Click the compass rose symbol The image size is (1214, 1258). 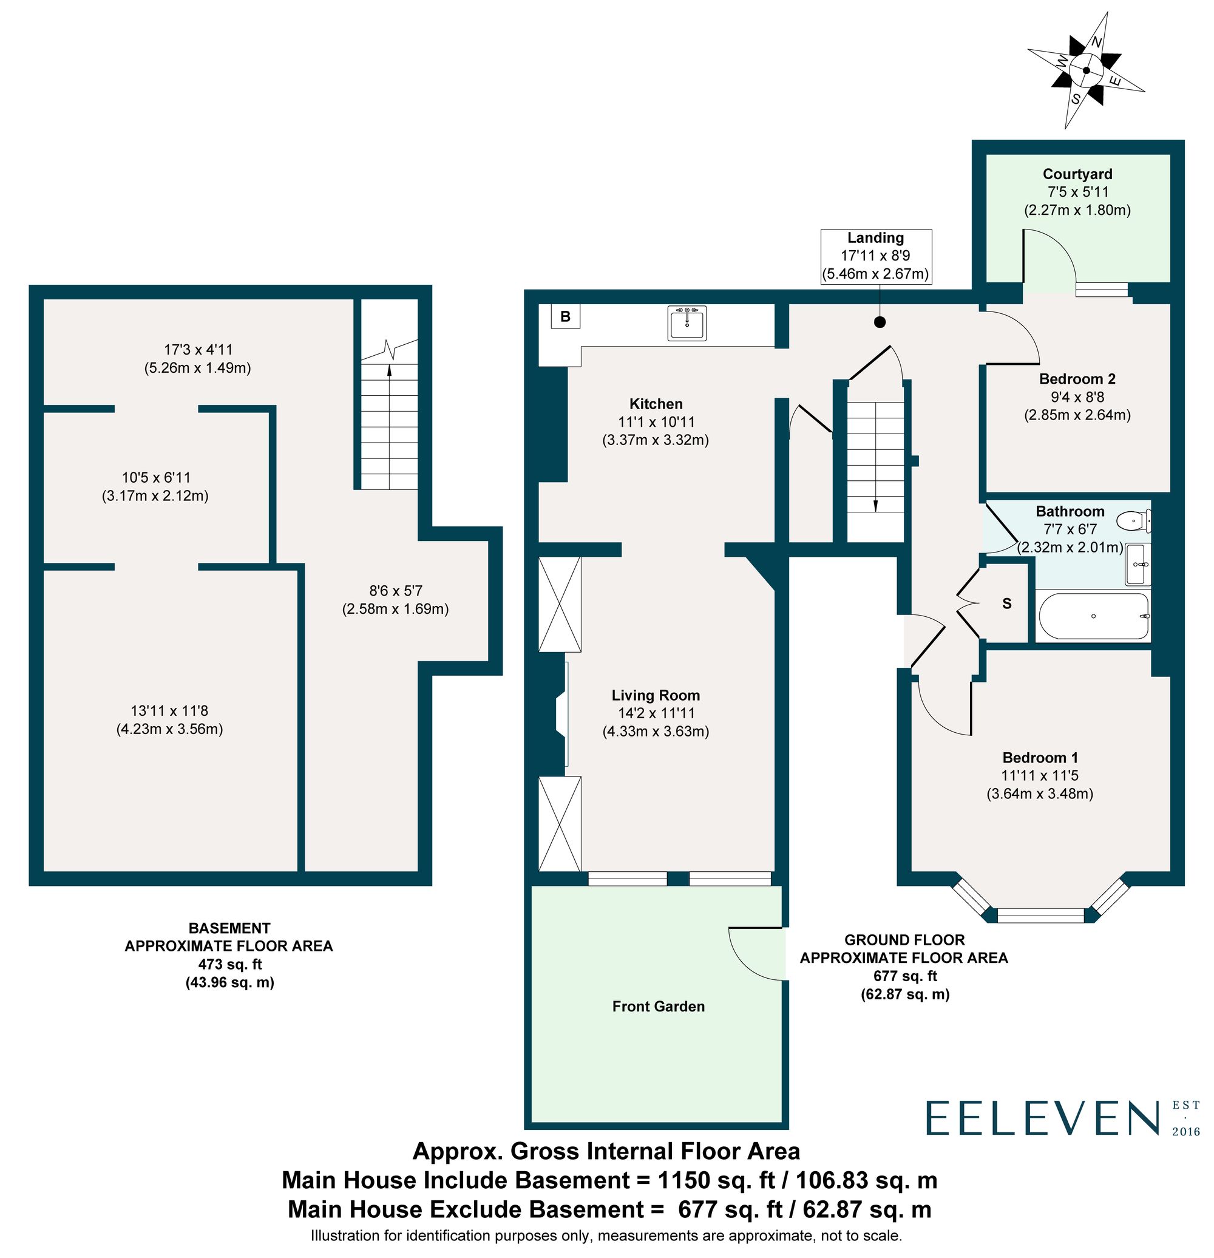pyautogui.click(x=1086, y=71)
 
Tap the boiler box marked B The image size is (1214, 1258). pyautogui.click(x=565, y=316)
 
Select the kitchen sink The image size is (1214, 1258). pyautogui.click(x=687, y=322)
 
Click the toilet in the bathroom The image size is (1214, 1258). pyautogui.click(x=1134, y=520)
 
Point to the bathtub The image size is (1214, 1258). pyautogui.click(x=1093, y=616)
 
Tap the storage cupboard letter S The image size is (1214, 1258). pyautogui.click(x=1007, y=603)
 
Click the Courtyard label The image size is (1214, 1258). pyautogui.click(x=1077, y=174)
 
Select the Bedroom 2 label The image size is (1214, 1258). pyautogui.click(x=1077, y=379)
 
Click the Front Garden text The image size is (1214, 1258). pyautogui.click(x=659, y=1007)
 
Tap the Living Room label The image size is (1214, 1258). pyautogui.click(x=655, y=695)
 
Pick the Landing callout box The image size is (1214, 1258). pyautogui.click(x=875, y=256)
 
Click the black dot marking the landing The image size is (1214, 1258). pyautogui.click(x=880, y=322)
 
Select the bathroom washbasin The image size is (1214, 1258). pyautogui.click(x=1138, y=564)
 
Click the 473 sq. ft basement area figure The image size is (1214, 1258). pyautogui.click(x=229, y=964)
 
